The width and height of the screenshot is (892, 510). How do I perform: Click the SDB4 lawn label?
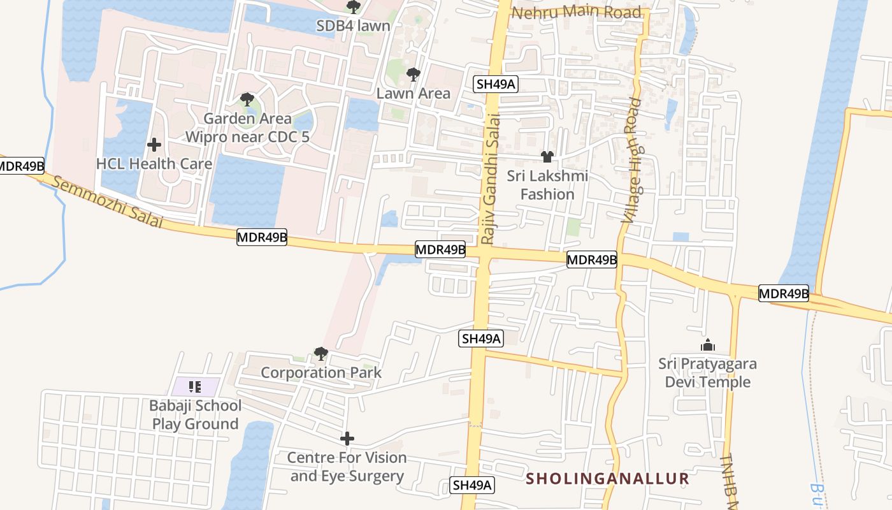click(x=353, y=26)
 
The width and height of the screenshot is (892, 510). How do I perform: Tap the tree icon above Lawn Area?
click(x=414, y=75)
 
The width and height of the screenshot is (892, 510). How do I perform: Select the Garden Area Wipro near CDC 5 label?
click(x=247, y=127)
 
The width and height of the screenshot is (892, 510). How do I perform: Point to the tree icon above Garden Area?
click(x=247, y=99)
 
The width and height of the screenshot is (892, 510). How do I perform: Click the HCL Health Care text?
click(x=154, y=164)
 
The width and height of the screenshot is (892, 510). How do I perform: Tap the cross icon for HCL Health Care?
click(x=154, y=145)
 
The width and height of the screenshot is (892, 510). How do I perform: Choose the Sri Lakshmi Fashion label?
click(x=547, y=185)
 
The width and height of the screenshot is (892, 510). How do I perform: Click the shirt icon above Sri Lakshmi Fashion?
click(x=547, y=156)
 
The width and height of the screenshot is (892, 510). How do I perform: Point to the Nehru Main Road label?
click(x=577, y=13)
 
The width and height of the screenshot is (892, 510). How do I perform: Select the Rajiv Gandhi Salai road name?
click(x=489, y=178)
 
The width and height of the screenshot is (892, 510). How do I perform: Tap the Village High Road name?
click(x=632, y=159)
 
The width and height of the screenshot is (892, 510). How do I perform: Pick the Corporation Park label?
click(x=321, y=373)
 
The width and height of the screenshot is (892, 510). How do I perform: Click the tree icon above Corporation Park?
click(x=321, y=354)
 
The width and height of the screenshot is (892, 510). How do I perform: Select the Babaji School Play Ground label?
click(x=195, y=415)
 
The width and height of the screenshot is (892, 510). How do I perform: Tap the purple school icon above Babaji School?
click(x=195, y=386)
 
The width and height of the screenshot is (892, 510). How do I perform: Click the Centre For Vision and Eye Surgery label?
click(x=347, y=467)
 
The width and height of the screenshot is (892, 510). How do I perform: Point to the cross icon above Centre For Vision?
click(x=347, y=439)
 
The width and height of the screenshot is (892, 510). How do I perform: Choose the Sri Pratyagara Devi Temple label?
click(x=708, y=373)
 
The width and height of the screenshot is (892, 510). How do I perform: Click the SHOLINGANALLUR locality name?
click(x=608, y=479)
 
